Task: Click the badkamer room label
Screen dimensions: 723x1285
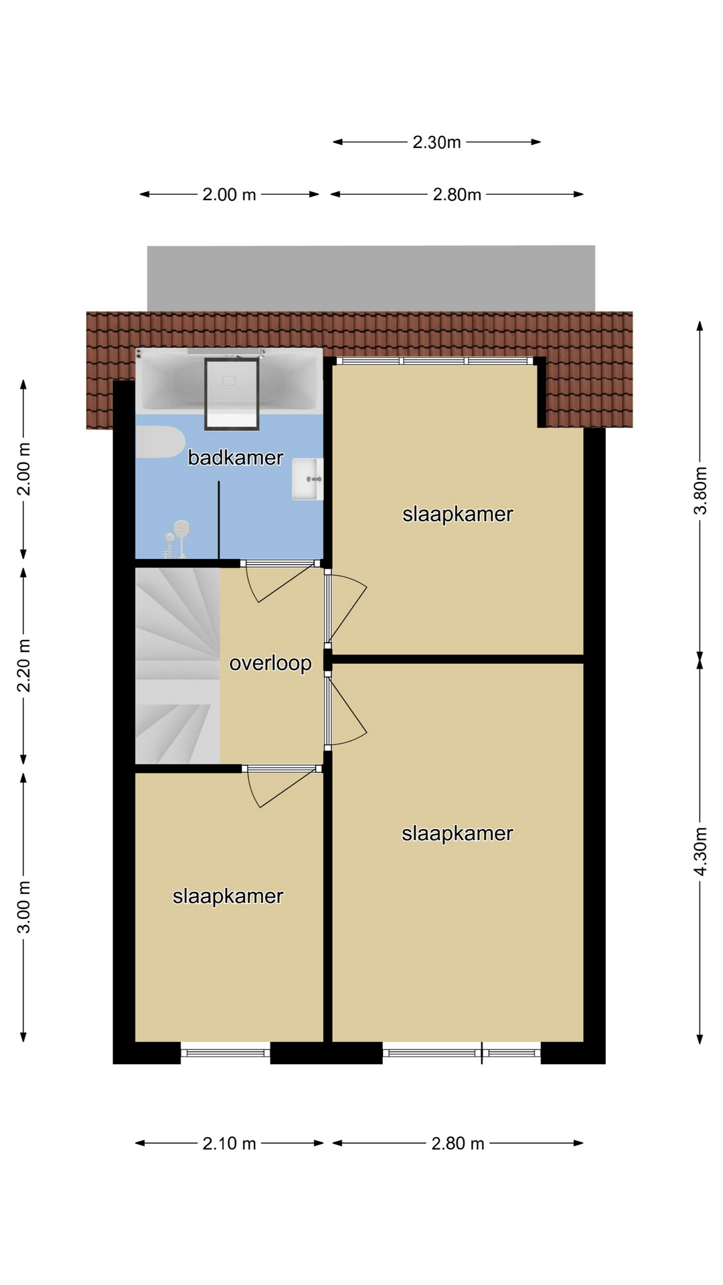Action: [235, 458]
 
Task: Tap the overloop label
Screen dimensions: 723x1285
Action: [270, 663]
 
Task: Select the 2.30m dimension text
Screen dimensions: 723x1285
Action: [436, 142]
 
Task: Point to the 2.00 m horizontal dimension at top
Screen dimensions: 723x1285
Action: [229, 194]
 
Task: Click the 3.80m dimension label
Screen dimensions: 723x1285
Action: [700, 490]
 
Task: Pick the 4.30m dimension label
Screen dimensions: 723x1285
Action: [700, 851]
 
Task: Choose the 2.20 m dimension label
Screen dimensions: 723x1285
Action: [23, 665]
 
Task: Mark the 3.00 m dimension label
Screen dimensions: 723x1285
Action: [23, 907]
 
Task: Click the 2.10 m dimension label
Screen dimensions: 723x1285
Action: [229, 1143]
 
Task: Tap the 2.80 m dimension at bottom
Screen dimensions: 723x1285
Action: [457, 1143]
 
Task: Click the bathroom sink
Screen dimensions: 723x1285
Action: [307, 479]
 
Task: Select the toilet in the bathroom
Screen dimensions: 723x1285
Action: [161, 442]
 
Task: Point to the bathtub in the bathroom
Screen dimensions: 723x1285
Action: [229, 379]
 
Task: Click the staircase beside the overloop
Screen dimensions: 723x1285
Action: [177, 665]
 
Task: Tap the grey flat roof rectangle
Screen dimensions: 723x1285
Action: [371, 278]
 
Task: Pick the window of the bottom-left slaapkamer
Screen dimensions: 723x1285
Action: [226, 1053]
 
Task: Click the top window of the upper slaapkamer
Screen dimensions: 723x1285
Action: [434, 361]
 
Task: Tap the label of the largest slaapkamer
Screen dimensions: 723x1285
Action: [457, 833]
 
